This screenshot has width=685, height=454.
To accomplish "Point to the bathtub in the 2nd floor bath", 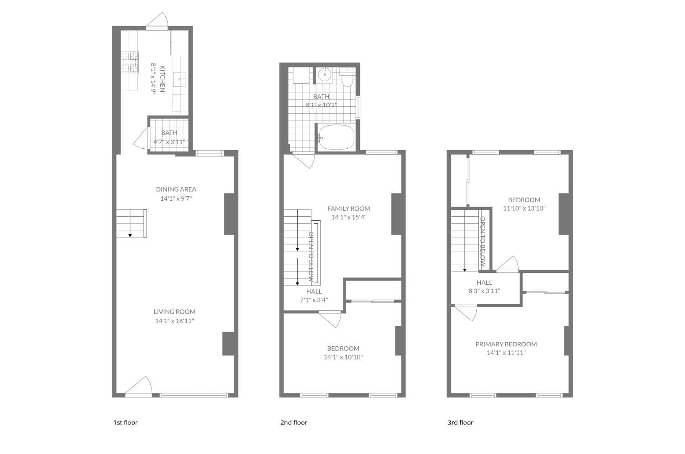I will (x=337, y=137).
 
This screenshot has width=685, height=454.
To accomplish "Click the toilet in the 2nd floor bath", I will (x=347, y=78).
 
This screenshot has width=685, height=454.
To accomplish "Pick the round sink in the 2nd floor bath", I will (x=325, y=74).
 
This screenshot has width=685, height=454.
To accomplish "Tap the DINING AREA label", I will (x=176, y=189).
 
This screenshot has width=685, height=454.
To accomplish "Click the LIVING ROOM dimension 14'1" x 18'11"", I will (x=174, y=321).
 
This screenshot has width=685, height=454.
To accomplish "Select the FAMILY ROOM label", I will (x=348, y=209).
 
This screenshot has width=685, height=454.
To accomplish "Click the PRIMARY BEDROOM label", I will (x=506, y=344).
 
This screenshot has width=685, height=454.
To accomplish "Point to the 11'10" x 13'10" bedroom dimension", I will (x=524, y=209).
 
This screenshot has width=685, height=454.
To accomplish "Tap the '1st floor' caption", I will (x=125, y=423).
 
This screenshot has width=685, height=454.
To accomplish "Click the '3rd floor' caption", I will (x=460, y=423).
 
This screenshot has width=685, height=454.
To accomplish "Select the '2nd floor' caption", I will (x=294, y=423).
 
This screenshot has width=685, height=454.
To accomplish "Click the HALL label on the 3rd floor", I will (x=484, y=282).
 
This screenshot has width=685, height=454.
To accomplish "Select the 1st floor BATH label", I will (x=169, y=133).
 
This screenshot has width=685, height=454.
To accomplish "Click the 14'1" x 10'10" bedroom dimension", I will (x=343, y=357).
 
